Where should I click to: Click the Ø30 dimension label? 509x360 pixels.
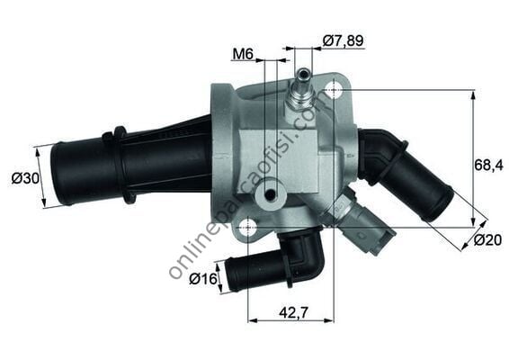pos(24,178)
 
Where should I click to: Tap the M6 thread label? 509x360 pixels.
pos(241,55)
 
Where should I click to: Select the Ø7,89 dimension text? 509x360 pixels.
pos(343,40)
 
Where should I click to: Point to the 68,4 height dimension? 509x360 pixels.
pos(488,165)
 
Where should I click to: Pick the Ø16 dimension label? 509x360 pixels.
pos(204,279)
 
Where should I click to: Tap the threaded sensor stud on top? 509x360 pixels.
pos(301,90)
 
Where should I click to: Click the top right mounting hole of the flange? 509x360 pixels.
pos(334,90)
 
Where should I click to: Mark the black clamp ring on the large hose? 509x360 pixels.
pos(115,164)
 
